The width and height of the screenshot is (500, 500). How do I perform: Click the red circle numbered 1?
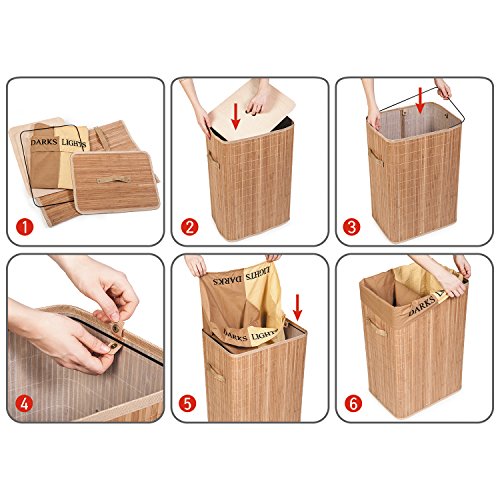click(25, 227)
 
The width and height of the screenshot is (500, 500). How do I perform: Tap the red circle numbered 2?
click(189, 227)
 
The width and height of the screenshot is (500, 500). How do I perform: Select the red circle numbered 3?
click(352, 227)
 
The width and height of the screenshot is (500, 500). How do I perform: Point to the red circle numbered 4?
click(25, 404)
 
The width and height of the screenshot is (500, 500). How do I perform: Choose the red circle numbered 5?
click(187, 404)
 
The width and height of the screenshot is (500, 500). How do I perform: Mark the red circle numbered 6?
click(353, 404)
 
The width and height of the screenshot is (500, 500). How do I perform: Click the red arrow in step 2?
click(236, 116)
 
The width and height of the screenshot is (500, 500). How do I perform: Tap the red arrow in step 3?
click(420, 100)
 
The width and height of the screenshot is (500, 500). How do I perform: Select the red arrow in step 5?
click(297, 307)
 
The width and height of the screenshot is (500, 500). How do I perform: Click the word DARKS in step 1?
click(44, 142)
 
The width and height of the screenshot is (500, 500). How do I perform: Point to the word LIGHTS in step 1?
click(74, 143)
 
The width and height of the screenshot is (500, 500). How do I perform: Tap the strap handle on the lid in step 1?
click(113, 180)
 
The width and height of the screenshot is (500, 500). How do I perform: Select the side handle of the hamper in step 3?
click(376, 157)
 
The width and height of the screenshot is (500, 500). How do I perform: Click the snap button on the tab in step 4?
click(115, 329)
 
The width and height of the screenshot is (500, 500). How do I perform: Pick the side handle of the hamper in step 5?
click(216, 372)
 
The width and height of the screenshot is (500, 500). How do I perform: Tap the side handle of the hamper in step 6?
click(377, 327)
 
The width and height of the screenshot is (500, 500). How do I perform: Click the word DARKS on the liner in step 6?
click(421, 306)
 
